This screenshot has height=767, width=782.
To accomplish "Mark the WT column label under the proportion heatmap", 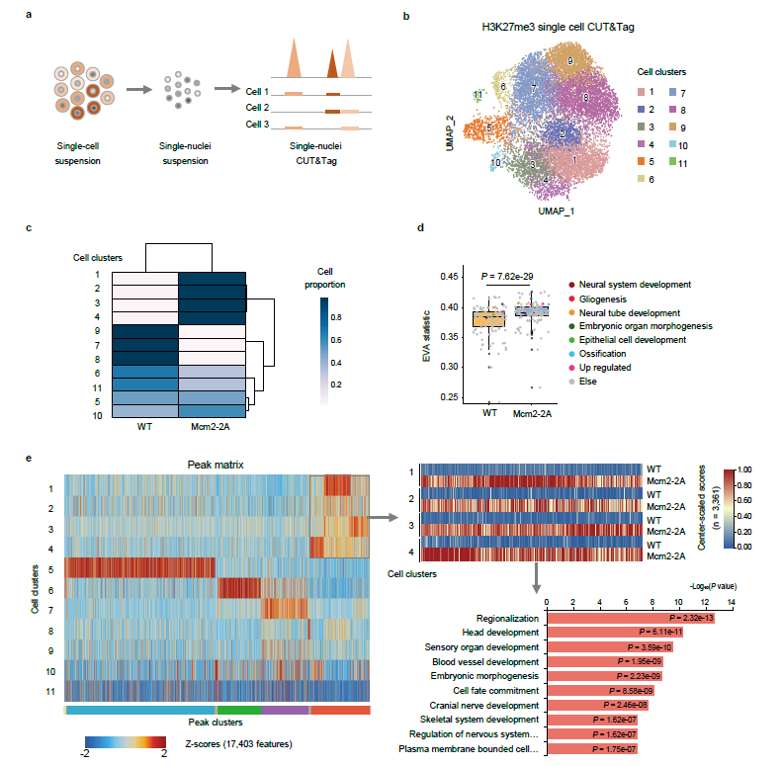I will (x=144, y=429).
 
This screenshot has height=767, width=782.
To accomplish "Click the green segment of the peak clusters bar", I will (x=238, y=710).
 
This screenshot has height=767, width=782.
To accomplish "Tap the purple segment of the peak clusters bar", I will (x=285, y=710).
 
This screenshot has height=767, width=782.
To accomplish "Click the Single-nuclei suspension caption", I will (x=182, y=154).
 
